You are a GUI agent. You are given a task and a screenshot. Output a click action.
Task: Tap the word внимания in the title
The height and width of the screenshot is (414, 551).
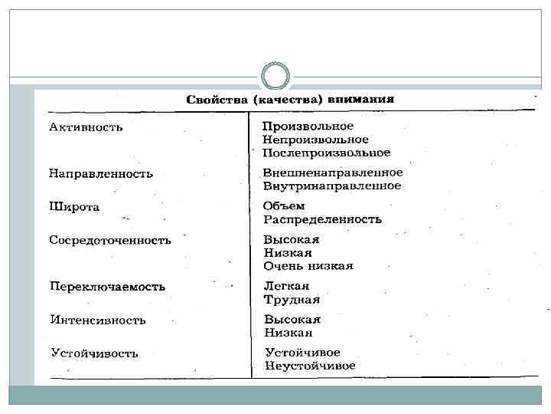coord(361,100)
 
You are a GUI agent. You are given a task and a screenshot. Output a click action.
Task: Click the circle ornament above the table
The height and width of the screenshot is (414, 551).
coord(275,77)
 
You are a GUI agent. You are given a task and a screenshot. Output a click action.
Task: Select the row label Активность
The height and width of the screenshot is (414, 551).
coord(86,127)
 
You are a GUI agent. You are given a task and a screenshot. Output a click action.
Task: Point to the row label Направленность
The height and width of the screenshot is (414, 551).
coord(101,173)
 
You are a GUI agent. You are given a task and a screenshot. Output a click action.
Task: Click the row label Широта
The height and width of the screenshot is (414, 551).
coord(74,207)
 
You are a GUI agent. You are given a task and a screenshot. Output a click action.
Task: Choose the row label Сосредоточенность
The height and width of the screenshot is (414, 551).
coord(110,240)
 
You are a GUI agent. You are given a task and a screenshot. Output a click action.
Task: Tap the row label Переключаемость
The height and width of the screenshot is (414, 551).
coord(107,287)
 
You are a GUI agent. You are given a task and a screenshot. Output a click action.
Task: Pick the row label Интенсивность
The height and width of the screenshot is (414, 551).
coord(98,320)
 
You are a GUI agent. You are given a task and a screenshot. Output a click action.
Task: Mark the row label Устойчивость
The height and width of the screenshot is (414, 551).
coord(94,353)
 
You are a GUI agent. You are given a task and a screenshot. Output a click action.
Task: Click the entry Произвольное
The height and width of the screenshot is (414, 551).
coord(308,126)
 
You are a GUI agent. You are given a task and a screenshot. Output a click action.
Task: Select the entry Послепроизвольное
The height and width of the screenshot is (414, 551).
coord(326,153)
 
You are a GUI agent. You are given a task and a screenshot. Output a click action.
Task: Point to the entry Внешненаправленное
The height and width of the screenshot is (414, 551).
coord(332,172)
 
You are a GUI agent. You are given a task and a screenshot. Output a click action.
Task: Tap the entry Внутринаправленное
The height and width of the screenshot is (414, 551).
coord(331,186)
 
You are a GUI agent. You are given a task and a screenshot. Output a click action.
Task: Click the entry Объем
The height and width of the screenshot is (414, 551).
coord(283,206)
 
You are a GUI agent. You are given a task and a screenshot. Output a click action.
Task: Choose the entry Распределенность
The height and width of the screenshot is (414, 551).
coord(321,219)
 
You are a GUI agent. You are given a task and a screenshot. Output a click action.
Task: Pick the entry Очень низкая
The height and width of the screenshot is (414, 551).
coord(308,266)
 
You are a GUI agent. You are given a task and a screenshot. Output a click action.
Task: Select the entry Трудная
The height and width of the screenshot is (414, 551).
coord(292,300)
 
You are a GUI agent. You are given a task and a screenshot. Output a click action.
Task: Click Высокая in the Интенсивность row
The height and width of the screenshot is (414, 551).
coord(292,319)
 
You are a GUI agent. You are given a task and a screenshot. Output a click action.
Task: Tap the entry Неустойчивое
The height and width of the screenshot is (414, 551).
coord(310,366)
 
